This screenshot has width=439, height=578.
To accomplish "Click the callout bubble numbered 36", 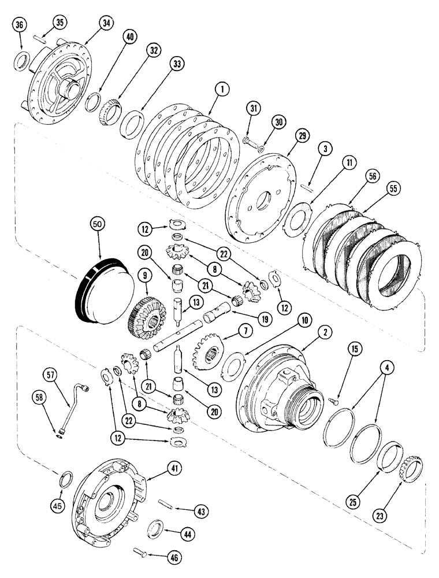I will click(20, 24).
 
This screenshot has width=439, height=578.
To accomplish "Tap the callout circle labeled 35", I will click(60, 23).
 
